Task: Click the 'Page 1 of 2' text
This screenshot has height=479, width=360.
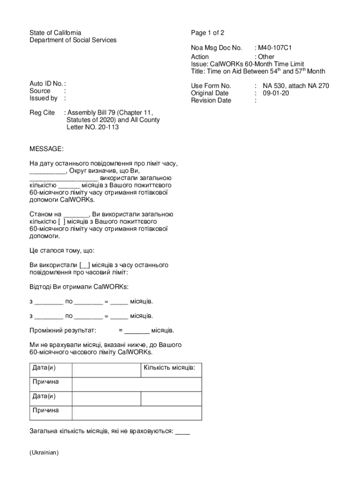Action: pyautogui.click(x=208, y=33)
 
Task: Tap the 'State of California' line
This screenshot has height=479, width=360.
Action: pyautogui.click(x=55, y=33)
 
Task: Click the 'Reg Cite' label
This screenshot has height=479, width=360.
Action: pyautogui.click(x=42, y=113)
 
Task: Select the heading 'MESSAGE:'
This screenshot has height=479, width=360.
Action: pyautogui.click(x=46, y=149)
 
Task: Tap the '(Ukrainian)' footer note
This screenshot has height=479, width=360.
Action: pyautogui.click(x=43, y=453)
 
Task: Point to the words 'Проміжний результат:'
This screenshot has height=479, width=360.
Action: pyautogui.click(x=63, y=331)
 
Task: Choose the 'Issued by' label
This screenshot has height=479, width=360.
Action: pyautogui.click(x=43, y=98)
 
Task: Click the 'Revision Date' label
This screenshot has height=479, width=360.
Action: pyautogui.click(x=211, y=100)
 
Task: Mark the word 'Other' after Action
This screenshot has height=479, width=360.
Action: pyautogui.click(x=266, y=57)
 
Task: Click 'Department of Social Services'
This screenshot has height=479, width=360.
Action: pyautogui.click(x=73, y=40)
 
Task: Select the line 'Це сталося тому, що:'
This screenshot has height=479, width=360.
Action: pyautogui.click(x=62, y=250)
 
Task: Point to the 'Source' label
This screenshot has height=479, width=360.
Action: pyautogui.click(x=40, y=91)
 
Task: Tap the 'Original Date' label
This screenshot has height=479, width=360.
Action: pyautogui.click(x=210, y=93)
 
